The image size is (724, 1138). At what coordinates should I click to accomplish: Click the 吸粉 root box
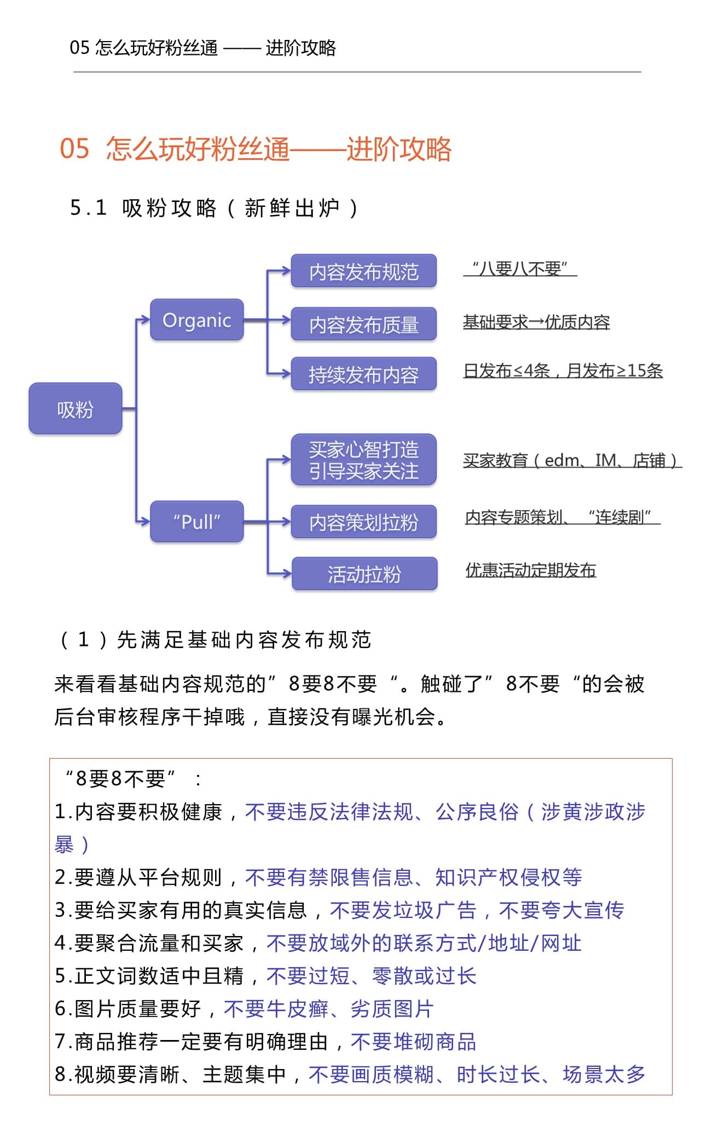pyautogui.click(x=76, y=409)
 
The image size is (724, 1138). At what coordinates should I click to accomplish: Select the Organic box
pyautogui.click(x=197, y=320)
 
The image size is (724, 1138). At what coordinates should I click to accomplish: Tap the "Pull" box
pyautogui.click(x=197, y=522)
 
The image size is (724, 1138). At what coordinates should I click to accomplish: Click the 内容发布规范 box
pyautogui.click(x=363, y=271)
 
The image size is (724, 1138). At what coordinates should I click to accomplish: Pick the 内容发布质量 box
pyautogui.click(x=363, y=324)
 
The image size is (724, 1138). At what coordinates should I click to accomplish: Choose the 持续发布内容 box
pyautogui.click(x=363, y=374)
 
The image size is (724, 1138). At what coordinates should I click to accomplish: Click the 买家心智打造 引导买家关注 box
pyautogui.click(x=363, y=460)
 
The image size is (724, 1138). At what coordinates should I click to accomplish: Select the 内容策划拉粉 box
pyautogui.click(x=363, y=522)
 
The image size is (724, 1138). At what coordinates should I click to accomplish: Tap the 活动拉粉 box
pyautogui.click(x=364, y=574)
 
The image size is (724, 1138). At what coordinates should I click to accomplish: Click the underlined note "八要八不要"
pyautogui.click(x=520, y=268)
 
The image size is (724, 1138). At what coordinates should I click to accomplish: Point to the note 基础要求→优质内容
pyautogui.click(x=536, y=322)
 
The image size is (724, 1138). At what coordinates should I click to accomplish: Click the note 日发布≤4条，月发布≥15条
pyautogui.click(x=563, y=371)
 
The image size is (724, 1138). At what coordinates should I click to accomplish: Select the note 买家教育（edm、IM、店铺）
pyautogui.click(x=572, y=460)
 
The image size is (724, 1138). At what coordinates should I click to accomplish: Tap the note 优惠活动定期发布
pyautogui.click(x=530, y=570)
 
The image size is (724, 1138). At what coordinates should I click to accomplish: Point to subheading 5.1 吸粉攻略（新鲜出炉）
pyautogui.click(x=214, y=208)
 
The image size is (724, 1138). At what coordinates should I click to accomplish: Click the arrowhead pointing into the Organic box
pyautogui.click(x=146, y=320)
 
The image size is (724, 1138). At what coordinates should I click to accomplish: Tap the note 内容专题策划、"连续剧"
pyautogui.click(x=563, y=517)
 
